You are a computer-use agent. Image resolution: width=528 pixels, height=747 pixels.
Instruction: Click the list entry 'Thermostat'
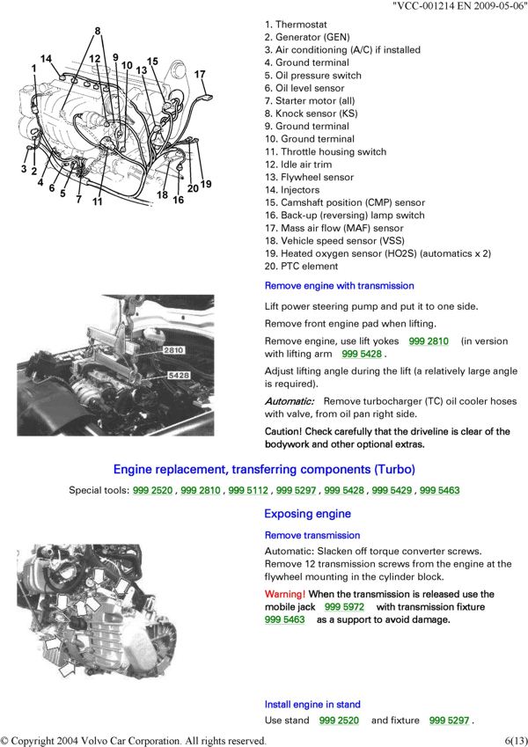[x=301, y=25]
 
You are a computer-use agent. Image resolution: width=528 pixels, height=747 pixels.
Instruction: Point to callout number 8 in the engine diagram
[x=98, y=33]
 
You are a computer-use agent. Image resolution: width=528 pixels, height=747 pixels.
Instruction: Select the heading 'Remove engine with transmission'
[x=339, y=286]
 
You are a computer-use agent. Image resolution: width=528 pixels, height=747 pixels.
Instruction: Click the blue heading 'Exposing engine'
[x=307, y=514]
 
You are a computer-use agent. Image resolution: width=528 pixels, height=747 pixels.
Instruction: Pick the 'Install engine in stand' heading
[x=312, y=705]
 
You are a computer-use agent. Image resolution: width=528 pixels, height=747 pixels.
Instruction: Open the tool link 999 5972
[x=344, y=607]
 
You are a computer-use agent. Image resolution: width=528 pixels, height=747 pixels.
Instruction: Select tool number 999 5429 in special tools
[x=390, y=490]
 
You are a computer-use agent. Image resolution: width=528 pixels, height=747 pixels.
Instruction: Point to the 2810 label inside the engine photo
[x=172, y=350]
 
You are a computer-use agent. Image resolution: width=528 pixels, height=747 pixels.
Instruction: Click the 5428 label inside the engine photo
[x=178, y=376]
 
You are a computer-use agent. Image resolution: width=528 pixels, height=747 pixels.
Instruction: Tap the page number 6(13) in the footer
[x=516, y=740]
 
